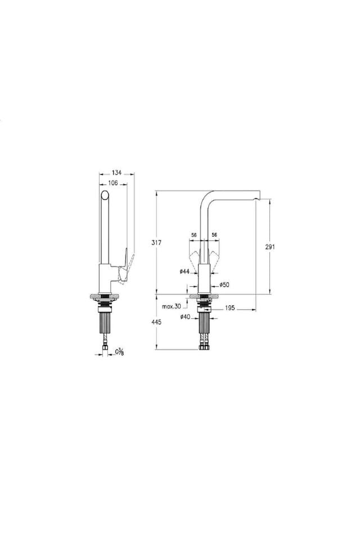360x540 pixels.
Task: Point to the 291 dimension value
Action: (271, 246)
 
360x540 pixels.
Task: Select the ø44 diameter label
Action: (184, 272)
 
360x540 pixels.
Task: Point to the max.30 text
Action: (171, 307)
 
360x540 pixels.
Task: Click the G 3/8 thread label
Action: (120, 353)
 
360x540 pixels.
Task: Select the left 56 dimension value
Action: (193, 235)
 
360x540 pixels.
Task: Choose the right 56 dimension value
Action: (214, 235)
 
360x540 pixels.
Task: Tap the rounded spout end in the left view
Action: (103, 196)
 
